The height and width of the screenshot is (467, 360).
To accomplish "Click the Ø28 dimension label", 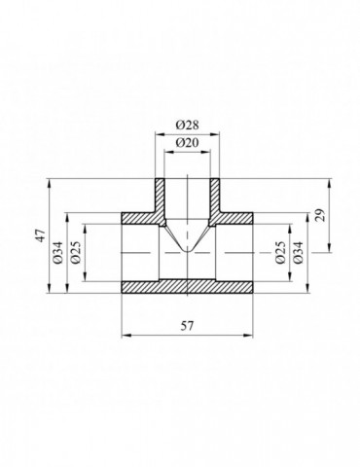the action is pyautogui.click(x=187, y=125).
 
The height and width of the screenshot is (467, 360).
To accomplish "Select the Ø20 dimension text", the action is pyautogui.click(x=187, y=143).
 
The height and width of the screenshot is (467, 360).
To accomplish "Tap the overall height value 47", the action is pyautogui.click(x=41, y=235).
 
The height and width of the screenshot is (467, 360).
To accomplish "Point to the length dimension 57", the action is pyautogui.click(x=187, y=326).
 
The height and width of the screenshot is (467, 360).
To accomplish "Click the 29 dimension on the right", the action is pyautogui.click(x=320, y=215).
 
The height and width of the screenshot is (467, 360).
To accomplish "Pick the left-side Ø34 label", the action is pyautogui.click(x=57, y=253).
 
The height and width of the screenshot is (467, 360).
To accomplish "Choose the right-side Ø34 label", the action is pyautogui.click(x=298, y=253).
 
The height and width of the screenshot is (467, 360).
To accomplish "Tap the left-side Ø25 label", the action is pyautogui.click(x=76, y=253).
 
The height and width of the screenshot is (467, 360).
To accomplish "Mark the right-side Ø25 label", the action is pyautogui.click(x=280, y=253).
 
